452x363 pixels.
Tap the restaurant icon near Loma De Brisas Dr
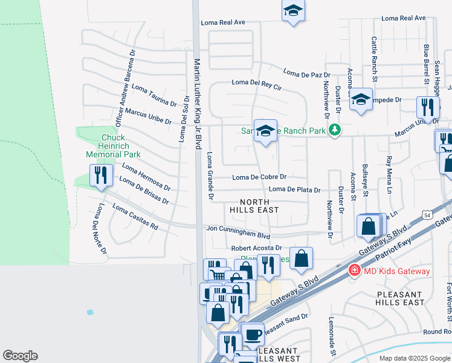pyautogui.click(x=98, y=175)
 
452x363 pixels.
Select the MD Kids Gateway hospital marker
pyautogui.click(x=355, y=270)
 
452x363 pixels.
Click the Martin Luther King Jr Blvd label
pyautogui.click(x=197, y=103)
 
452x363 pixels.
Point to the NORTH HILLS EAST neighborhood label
pyautogui.click(x=254, y=206)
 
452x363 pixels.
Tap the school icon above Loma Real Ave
pyautogui.click(x=293, y=11)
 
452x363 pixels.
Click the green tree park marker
pyautogui.click(x=334, y=129)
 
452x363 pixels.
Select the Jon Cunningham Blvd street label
pyautogui.click(x=237, y=229)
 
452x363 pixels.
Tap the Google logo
pyautogui.click(x=20, y=356)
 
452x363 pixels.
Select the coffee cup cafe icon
pyautogui.click(x=253, y=333)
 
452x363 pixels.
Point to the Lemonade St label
pyautogui.click(x=332, y=335)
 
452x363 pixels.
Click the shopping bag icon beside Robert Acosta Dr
pyautogui.click(x=301, y=258)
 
